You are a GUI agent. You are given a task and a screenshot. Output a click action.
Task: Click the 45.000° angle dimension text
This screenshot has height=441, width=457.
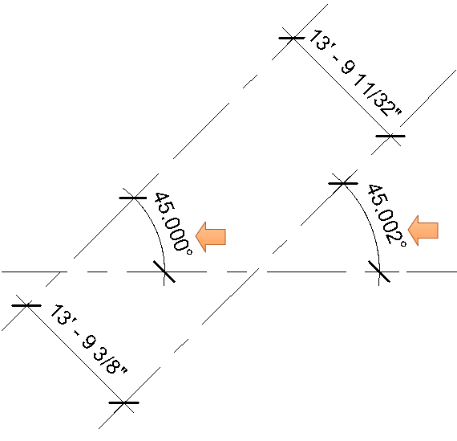point(173,223)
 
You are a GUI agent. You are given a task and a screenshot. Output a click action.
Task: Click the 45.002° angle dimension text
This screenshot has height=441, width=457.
point(386,215)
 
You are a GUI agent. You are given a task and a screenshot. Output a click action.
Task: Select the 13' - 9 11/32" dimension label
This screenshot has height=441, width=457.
point(355,73)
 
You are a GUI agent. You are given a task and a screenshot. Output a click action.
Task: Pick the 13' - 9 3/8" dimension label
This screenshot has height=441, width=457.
point(89,339)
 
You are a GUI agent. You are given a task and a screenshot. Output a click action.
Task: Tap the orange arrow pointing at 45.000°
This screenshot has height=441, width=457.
point(210,237)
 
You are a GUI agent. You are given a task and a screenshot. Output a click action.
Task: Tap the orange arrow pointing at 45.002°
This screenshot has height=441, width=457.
point(423,231)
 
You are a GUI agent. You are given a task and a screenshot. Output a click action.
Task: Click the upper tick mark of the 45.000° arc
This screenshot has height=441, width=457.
point(133,198)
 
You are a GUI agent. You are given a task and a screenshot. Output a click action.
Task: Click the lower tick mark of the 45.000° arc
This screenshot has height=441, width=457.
point(164,272)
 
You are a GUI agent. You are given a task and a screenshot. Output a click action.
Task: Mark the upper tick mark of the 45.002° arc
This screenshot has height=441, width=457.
point(343,183)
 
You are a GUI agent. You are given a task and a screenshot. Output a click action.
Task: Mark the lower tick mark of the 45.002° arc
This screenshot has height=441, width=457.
point(379,272)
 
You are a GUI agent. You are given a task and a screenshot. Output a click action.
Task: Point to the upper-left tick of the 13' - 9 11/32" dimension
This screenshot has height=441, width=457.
point(292,38)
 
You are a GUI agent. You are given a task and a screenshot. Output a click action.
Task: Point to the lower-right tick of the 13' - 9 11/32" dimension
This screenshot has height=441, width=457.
point(390,136)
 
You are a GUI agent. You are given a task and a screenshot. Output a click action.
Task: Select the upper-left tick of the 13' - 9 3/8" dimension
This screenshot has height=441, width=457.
point(26,305)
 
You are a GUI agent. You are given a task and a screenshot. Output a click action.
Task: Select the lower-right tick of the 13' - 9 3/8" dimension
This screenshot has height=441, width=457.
point(123,402)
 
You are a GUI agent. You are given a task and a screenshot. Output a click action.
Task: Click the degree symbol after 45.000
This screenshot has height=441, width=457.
point(189,251)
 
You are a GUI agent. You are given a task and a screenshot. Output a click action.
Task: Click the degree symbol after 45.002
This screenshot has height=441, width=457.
point(403,243)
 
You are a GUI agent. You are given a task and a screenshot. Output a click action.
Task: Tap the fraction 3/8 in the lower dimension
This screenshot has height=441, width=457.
point(107,359)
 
